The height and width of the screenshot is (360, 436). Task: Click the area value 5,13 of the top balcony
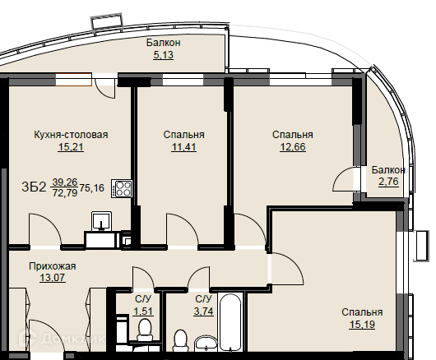click(164, 55)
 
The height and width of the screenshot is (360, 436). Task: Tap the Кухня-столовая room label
click(71, 135)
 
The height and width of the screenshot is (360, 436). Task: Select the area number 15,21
click(71, 146)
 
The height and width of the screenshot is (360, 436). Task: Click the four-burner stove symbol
click(122, 188)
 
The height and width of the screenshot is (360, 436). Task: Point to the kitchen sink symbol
click(101, 221)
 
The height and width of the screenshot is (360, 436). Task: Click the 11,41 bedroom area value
click(183, 146)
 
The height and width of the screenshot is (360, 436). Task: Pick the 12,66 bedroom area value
click(293, 146)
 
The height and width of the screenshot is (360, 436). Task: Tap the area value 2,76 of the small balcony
click(388, 182)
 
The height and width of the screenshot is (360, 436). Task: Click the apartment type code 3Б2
click(34, 187)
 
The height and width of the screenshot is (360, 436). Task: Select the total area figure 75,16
click(92, 187)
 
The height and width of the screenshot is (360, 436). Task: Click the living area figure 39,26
click(65, 182)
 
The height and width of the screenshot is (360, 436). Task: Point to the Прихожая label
click(53, 266)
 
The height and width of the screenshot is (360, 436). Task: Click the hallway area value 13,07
click(53, 278)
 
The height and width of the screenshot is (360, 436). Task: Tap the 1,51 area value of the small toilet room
click(143, 312)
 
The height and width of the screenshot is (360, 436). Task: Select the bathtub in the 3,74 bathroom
click(230, 322)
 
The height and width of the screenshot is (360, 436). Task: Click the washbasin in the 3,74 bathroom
click(206, 343)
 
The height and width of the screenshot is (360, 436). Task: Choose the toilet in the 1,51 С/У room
click(145, 330)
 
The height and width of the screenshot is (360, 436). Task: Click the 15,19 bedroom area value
click(362, 324)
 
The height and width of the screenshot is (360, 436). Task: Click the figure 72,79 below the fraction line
click(65, 193)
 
